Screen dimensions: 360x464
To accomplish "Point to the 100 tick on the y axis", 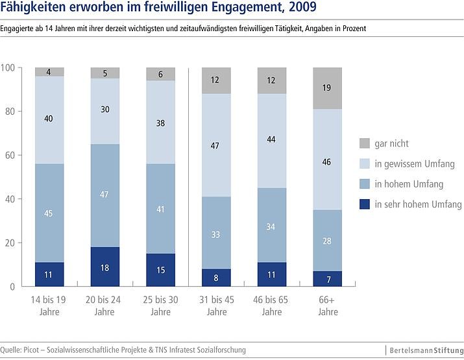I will tap(8, 67).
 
